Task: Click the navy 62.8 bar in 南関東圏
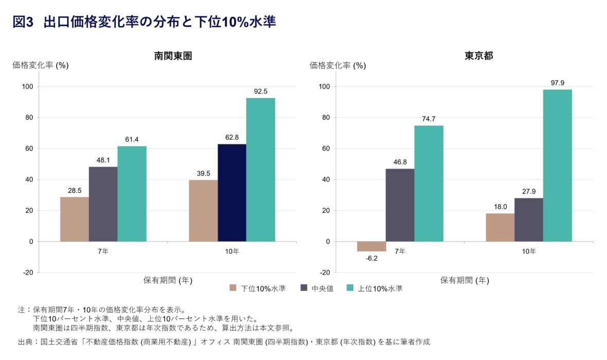click(232, 193)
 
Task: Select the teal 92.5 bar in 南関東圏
click(260, 170)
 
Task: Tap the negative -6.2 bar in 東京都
click(371, 246)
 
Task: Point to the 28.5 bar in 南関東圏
click(75, 219)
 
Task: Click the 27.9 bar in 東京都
click(529, 220)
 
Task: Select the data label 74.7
click(429, 119)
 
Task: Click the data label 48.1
click(103, 160)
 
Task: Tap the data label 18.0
click(500, 207)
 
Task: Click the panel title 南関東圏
click(173, 56)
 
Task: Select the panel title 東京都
click(479, 56)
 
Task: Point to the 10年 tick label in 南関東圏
click(232, 251)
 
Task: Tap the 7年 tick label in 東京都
click(400, 251)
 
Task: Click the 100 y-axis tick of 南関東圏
click(27, 86)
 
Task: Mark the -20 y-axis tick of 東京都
click(325, 272)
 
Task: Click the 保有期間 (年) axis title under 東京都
click(465, 280)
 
